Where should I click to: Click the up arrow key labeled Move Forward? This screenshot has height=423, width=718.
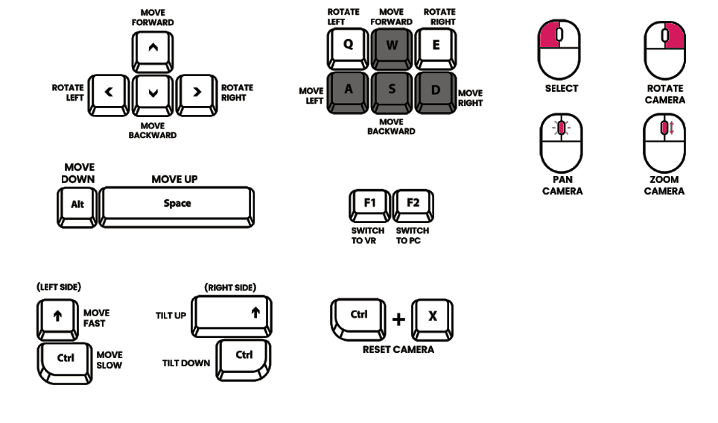(x=153, y=48)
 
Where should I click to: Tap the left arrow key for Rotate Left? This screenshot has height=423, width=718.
(x=109, y=93)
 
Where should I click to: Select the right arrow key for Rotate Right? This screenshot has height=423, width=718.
(x=197, y=93)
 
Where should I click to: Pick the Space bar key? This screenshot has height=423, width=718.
(x=177, y=204)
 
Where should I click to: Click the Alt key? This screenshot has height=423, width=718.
(x=77, y=204)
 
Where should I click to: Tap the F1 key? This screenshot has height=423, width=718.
(x=369, y=203)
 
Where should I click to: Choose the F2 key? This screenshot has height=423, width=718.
(x=413, y=203)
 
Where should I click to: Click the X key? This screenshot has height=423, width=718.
(x=432, y=316)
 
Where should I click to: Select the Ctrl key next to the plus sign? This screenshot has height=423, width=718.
(x=359, y=316)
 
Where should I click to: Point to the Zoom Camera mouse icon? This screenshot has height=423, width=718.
(x=664, y=142)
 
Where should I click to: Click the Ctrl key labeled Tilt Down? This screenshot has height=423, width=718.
(x=244, y=357)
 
